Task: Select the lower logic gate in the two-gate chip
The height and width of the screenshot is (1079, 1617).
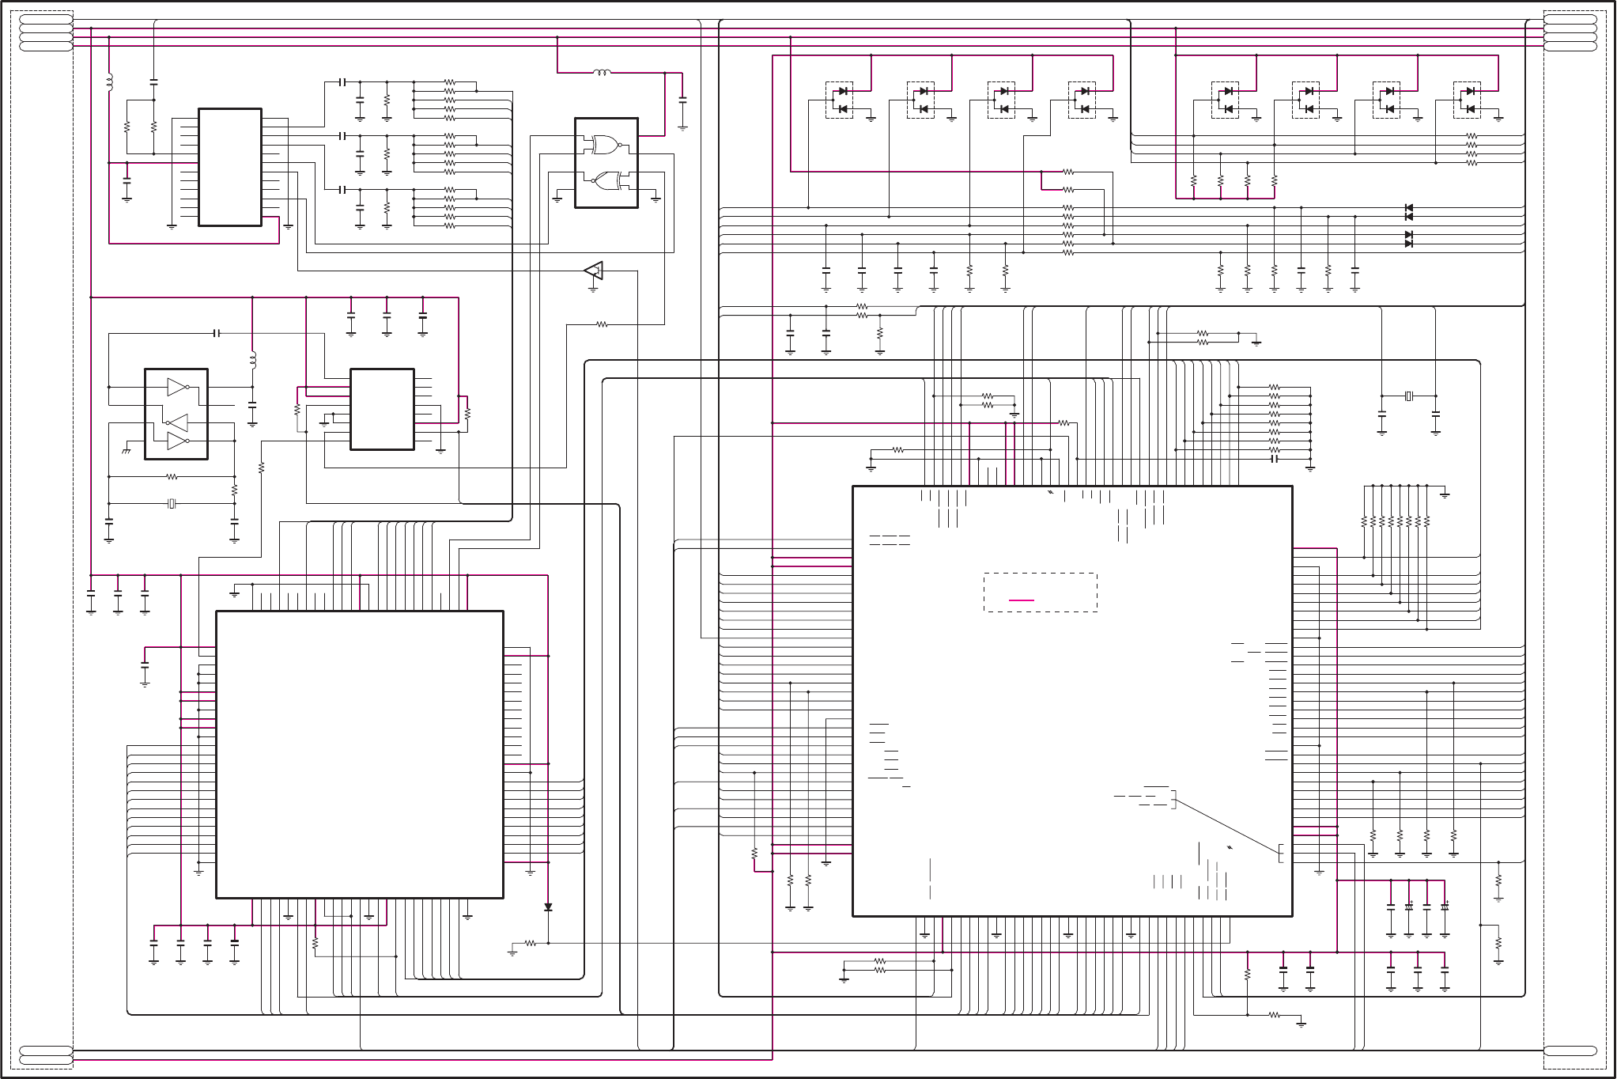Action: pyautogui.click(x=606, y=181)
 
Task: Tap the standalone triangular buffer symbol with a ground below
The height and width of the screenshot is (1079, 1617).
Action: pyautogui.click(x=594, y=271)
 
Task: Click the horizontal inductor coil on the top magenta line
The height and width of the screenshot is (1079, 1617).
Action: pyautogui.click(x=602, y=73)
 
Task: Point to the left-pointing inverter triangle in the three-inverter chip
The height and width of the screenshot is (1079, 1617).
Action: pyautogui.click(x=178, y=422)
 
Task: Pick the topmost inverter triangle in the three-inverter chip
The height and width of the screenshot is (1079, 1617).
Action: pyautogui.click(x=178, y=387)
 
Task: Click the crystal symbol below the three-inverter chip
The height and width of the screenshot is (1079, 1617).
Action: pyautogui.click(x=172, y=503)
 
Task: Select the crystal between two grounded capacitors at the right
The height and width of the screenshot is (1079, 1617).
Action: pyautogui.click(x=1408, y=396)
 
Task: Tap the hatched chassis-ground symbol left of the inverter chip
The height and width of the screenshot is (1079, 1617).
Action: pyautogui.click(x=126, y=450)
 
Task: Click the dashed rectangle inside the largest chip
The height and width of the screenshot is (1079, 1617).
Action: pyautogui.click(x=1040, y=592)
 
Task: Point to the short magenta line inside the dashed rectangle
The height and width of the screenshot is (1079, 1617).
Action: pyautogui.click(x=1022, y=600)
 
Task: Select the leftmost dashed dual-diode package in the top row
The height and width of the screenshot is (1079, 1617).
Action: pyautogui.click(x=839, y=100)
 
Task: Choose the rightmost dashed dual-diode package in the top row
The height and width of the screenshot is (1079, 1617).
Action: pyautogui.click(x=1467, y=100)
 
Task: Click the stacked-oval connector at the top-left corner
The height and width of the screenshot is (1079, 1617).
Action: pyautogui.click(x=46, y=32)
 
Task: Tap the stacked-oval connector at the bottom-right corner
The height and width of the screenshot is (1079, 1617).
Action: pyautogui.click(x=1570, y=1051)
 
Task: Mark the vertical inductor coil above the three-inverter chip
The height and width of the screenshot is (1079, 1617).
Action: pyautogui.click(x=253, y=360)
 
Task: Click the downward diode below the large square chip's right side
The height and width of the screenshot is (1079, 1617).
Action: pyautogui.click(x=548, y=907)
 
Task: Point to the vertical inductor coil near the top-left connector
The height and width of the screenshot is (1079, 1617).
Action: pyautogui.click(x=109, y=81)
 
